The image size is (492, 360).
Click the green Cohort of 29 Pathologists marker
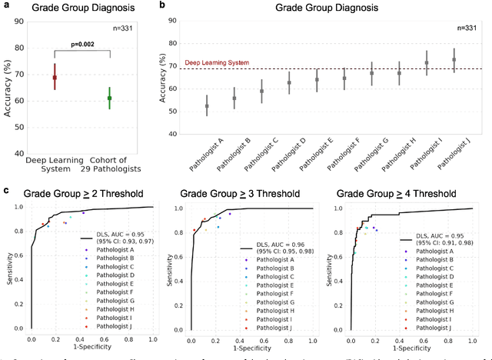109,98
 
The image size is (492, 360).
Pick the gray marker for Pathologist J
454,59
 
